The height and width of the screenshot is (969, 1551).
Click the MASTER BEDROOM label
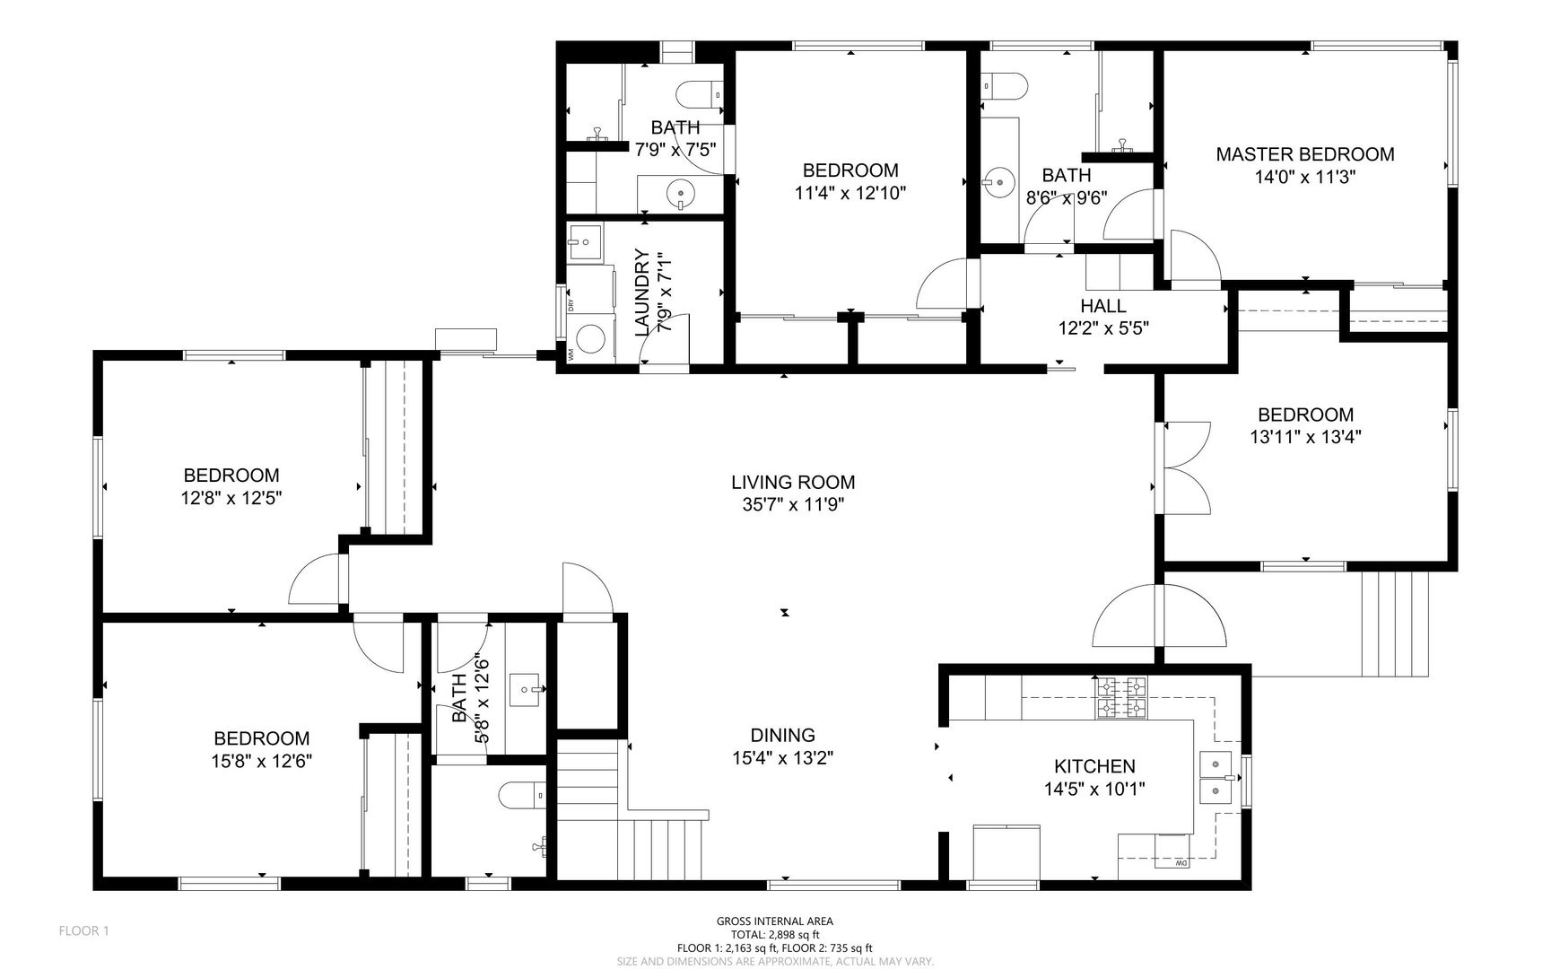[1304, 154]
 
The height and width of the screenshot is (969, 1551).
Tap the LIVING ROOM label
[793, 483]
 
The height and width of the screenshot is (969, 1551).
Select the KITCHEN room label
[1094, 767]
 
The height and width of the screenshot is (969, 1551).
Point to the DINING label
[783, 736]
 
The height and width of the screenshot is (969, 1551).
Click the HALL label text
[1103, 307]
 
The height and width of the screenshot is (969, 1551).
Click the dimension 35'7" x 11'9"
[793, 505]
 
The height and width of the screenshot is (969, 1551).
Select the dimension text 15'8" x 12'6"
[262, 761]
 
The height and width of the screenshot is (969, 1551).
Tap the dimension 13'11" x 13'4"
[1305, 438]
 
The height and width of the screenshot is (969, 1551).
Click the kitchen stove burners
[1120, 698]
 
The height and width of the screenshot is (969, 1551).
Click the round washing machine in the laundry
[589, 339]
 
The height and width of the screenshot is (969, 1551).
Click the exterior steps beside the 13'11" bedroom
[1395, 623]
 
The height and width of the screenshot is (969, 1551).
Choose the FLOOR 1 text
[83, 931]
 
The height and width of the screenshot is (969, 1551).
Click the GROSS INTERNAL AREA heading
[775, 921]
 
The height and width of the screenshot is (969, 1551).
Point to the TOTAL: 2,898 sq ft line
[775, 934]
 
